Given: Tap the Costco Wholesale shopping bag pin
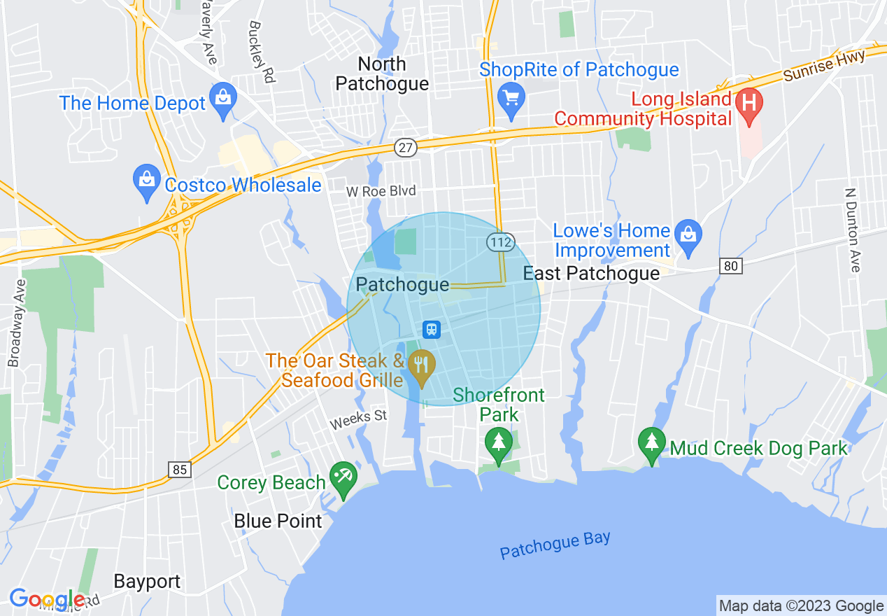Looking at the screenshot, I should click(147, 182).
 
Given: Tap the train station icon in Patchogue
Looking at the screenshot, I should click(431, 328).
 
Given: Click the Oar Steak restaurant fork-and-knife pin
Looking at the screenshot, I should click(422, 365).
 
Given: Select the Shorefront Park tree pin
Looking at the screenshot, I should click(498, 444).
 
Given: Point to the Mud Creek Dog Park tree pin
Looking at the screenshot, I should click(652, 444).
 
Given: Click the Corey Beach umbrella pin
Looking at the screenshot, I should click(343, 478).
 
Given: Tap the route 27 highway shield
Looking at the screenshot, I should click(406, 148).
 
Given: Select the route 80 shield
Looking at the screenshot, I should click(731, 265).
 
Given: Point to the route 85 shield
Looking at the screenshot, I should click(180, 470).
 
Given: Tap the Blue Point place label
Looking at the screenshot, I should click(278, 521).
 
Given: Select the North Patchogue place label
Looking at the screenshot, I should click(382, 73).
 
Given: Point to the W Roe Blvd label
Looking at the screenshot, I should click(381, 191).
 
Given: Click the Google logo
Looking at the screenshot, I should click(47, 599).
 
